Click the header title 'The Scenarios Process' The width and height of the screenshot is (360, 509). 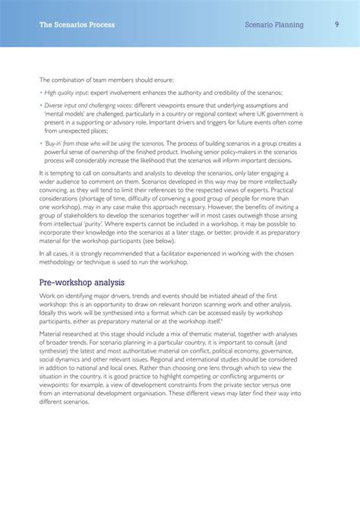(77, 25)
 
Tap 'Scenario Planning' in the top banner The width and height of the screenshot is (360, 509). (274, 25)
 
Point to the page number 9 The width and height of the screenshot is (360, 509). (336, 25)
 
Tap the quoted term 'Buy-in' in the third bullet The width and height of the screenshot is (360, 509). (54, 142)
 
